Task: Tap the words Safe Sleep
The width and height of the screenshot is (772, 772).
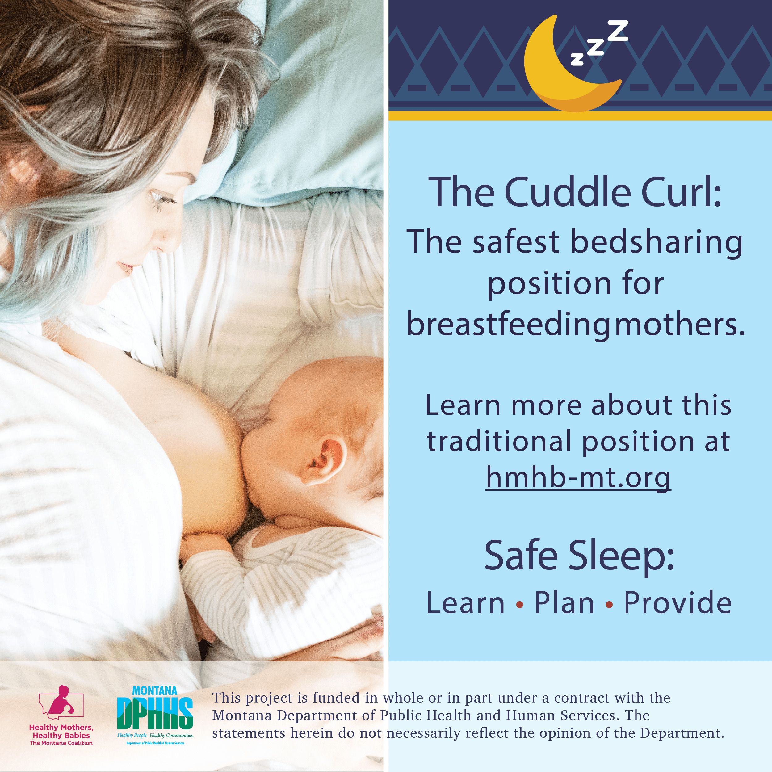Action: [579, 556]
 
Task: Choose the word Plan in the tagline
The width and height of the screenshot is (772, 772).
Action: [564, 602]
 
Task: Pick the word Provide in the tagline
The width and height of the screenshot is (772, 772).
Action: [678, 602]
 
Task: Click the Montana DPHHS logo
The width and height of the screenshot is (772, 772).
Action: [155, 715]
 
